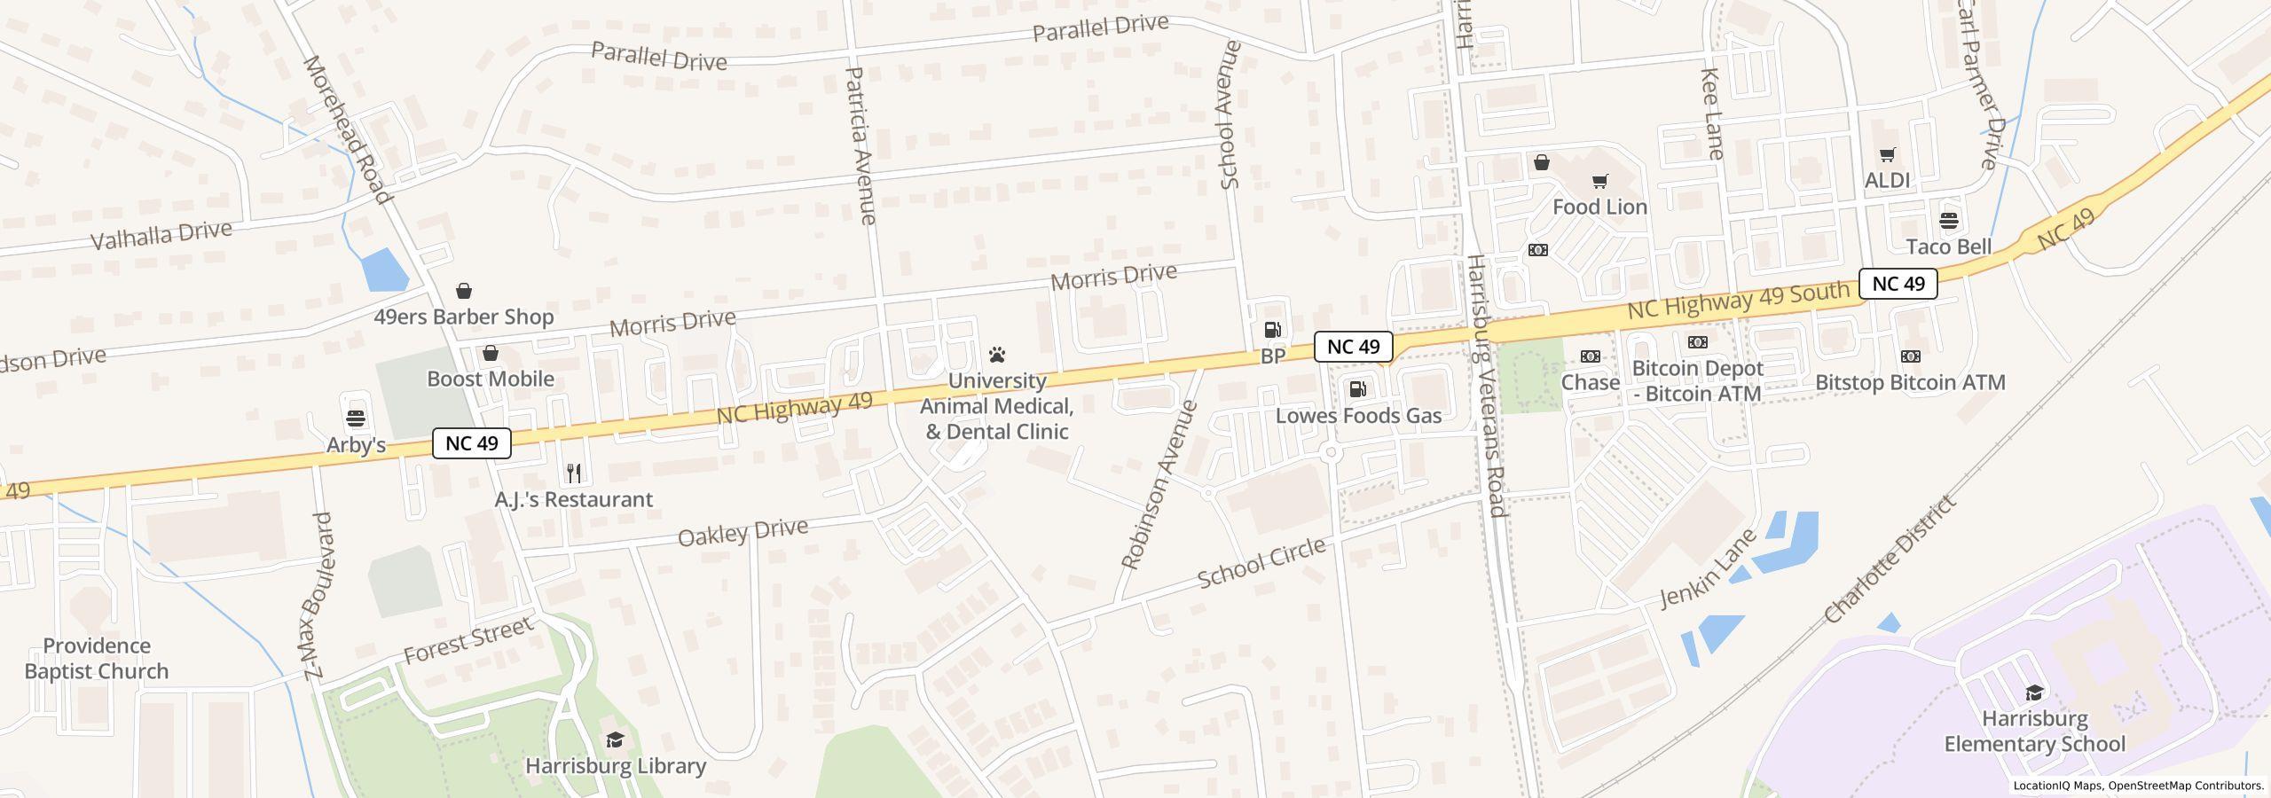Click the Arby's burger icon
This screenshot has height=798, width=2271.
(356, 418)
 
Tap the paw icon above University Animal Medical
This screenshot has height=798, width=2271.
(997, 356)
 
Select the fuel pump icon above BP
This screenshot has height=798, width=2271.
(1272, 331)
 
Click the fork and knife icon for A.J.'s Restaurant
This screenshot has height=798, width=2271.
(574, 473)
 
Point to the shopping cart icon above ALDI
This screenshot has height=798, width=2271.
(1887, 155)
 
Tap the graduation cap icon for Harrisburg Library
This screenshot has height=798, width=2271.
(615, 740)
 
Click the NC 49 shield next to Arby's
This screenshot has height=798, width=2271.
(471, 443)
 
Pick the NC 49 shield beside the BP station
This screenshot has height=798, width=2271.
(1353, 347)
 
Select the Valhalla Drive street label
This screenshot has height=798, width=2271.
(161, 235)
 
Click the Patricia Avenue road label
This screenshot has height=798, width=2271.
(861, 145)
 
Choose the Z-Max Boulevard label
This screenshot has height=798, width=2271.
(317, 596)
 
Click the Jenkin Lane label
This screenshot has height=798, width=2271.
(1708, 568)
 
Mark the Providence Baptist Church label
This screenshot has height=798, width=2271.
(97, 658)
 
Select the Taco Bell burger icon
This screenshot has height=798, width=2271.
(1949, 220)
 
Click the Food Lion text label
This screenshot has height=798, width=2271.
(1599, 207)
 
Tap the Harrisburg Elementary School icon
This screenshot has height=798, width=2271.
(2034, 692)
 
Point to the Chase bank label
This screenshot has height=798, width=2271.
(1590, 382)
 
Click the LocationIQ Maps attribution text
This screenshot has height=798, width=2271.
(2058, 786)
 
